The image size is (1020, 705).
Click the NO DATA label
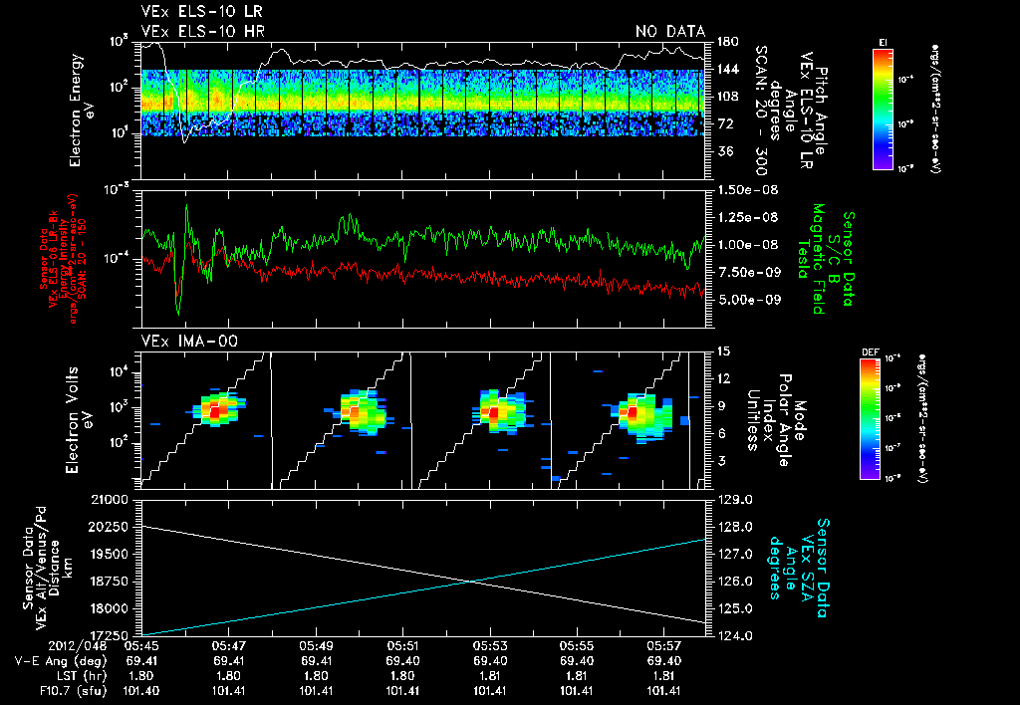pos(670,31)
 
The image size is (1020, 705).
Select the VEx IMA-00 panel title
pos(176,341)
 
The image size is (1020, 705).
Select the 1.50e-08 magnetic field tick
pos(747,189)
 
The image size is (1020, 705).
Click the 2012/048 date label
pos(37,645)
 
